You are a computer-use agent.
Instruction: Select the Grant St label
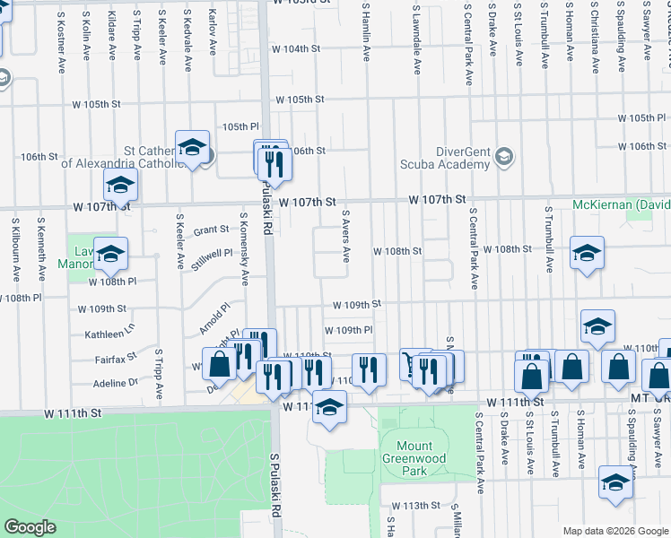pyautogui.click(x=212, y=230)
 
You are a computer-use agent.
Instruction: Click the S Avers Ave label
pyautogui.click(x=345, y=237)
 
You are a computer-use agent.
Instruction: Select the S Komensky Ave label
pyautogui.click(x=244, y=248)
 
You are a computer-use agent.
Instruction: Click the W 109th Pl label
pyautogui.click(x=348, y=330)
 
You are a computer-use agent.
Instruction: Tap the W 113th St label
pyautogui.click(x=422, y=506)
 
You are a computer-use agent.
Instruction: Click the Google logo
pyautogui.click(x=30, y=527)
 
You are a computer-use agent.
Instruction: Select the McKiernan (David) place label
pyautogui.click(x=621, y=205)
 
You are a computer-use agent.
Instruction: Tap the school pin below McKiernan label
pyautogui.click(x=587, y=254)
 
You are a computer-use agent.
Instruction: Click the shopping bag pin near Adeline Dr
pyautogui.click(x=220, y=363)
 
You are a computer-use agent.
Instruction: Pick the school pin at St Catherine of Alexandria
pyautogui.click(x=192, y=146)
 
